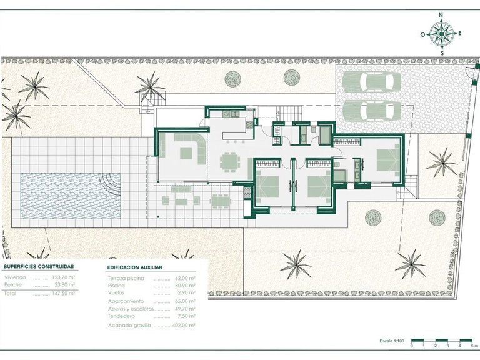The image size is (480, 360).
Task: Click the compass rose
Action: [442, 34]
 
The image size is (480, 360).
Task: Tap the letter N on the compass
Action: [441, 14]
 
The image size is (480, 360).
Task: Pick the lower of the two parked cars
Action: [374, 111]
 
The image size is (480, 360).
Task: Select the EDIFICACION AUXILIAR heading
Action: [138, 266]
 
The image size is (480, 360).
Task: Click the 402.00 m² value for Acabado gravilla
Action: [184, 325]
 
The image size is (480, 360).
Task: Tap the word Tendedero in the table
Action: [121, 316]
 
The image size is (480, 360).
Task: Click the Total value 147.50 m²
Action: [63, 292]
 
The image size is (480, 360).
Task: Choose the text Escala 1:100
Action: [392, 341]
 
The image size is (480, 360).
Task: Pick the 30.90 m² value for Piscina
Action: [184, 284]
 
